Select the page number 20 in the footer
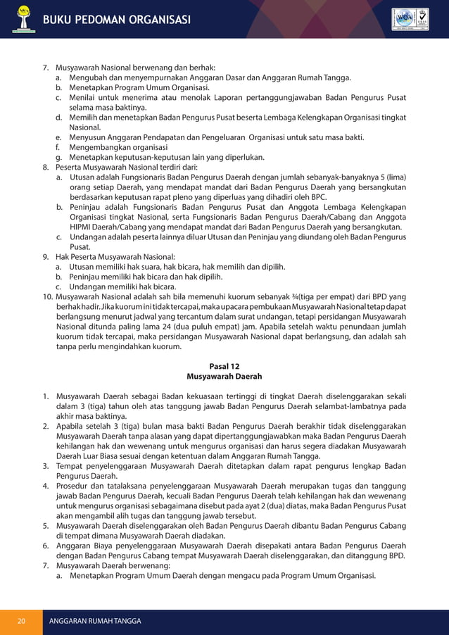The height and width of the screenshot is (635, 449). tap(22, 621)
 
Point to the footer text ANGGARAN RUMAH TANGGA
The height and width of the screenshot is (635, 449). tap(94, 621)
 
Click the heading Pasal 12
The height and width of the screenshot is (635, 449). tap(224, 366)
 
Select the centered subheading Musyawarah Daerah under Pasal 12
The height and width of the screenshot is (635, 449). tap(224, 377)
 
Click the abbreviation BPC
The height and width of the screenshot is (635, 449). tap(319, 198)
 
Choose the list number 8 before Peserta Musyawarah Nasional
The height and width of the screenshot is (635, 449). tap(46, 168)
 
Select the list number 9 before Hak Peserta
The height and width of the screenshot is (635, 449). tap(46, 257)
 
